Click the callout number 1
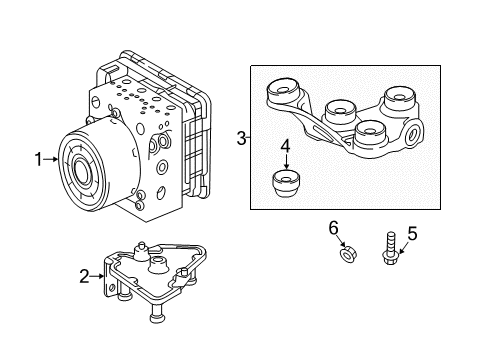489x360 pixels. pos(39,160)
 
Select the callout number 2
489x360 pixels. pos(84,276)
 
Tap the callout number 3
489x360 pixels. pos(242,138)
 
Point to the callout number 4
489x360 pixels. pos(285,147)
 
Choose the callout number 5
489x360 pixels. pos(412,233)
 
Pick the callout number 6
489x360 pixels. pos(333,228)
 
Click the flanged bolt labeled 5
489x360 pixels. pos(390,249)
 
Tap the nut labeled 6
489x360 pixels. pos(347,256)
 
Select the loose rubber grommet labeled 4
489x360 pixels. pos(286,184)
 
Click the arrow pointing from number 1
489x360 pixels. pos(51,160)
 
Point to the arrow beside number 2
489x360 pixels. pos(97,276)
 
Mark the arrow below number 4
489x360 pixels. pos(286,162)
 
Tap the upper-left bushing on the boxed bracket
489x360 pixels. pos(283,91)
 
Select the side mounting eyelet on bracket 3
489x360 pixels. pos(413,134)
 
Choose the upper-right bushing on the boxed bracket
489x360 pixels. pos(400,98)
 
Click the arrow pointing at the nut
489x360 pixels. pos(340,241)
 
